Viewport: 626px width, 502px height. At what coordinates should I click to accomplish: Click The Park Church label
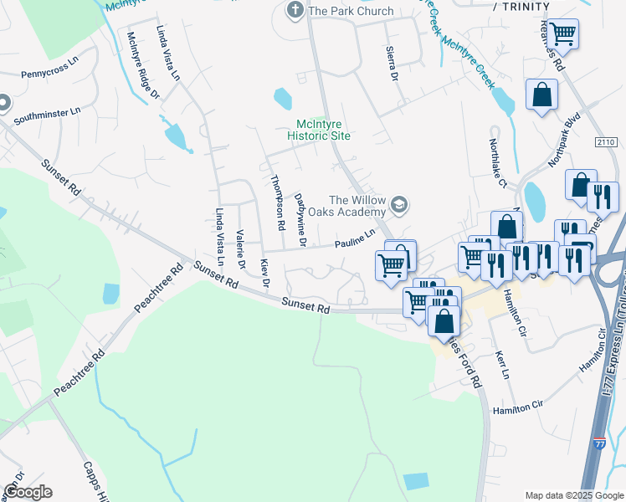351,11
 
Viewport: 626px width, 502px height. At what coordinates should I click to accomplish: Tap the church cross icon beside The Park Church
295,11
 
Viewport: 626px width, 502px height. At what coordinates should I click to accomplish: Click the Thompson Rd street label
275,202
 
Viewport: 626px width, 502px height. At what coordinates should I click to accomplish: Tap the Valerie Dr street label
240,249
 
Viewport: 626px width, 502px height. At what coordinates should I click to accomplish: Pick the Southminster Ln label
53,110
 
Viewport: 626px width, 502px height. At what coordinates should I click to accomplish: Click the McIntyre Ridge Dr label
142,66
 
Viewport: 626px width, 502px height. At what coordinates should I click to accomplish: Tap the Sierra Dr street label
391,64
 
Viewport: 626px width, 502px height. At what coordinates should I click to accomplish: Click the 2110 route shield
606,142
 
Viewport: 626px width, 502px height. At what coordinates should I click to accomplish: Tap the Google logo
27,492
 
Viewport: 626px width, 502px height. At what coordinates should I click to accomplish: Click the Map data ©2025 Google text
573,495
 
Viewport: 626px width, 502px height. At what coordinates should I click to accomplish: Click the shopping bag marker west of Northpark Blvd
541,94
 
